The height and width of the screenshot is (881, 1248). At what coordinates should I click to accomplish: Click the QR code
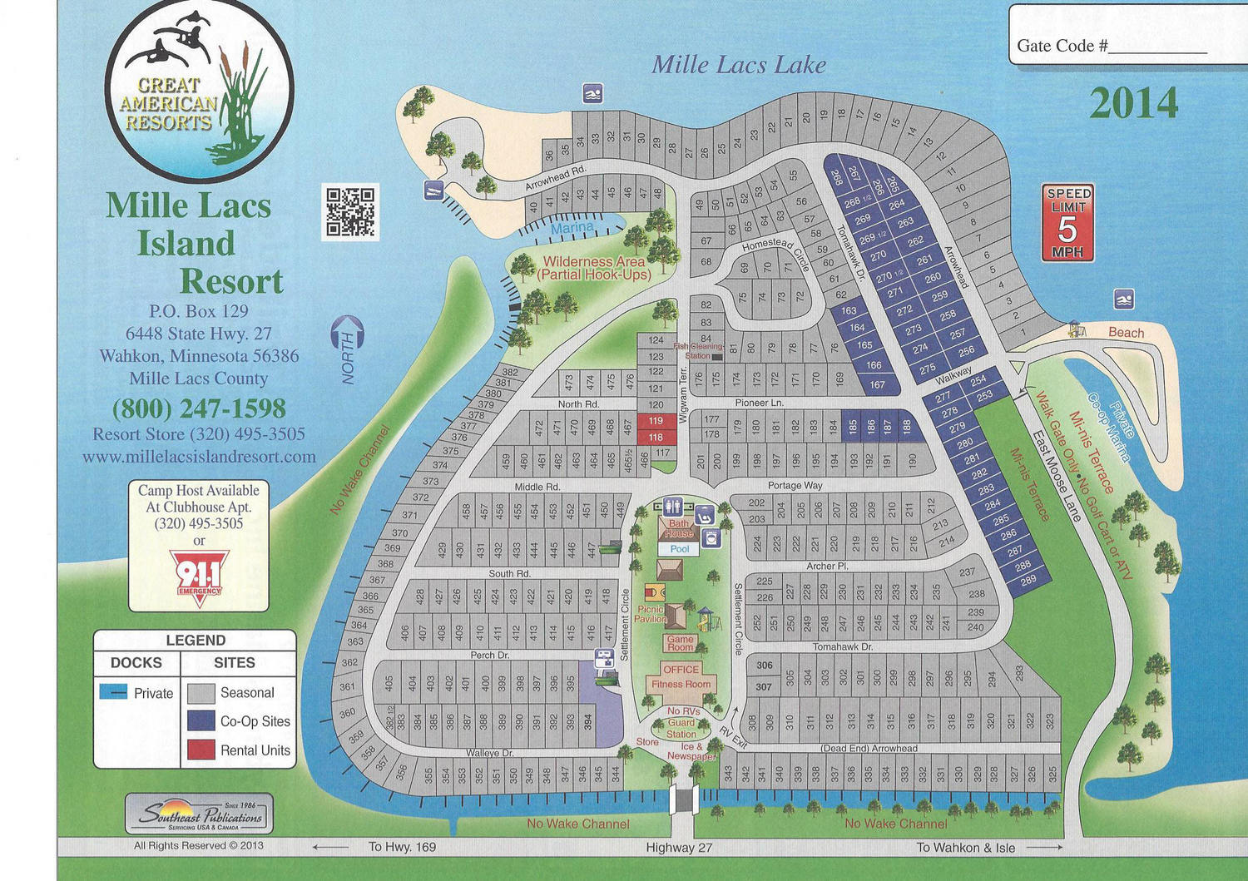tap(350, 211)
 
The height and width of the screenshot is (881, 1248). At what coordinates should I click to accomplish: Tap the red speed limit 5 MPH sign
tap(1067, 222)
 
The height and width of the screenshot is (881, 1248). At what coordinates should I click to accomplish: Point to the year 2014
tap(1134, 104)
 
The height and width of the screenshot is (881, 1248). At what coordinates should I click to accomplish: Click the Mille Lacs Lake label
tap(739, 65)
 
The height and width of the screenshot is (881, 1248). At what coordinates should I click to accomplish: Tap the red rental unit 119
tap(656, 421)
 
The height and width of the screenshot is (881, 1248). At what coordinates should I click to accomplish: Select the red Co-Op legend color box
tap(201, 721)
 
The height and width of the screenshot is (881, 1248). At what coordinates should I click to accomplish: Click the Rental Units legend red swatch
tap(201, 750)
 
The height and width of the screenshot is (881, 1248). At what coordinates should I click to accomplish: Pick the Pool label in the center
tap(680, 549)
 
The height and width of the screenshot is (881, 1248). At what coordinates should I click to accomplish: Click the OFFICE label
tap(681, 669)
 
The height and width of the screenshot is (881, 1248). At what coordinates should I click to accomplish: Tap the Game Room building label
tap(680, 643)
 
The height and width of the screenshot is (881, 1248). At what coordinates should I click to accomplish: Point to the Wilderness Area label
tap(594, 268)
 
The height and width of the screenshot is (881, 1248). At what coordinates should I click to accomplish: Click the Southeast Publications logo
tap(200, 814)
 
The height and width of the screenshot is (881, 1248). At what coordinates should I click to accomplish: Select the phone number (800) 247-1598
tap(199, 408)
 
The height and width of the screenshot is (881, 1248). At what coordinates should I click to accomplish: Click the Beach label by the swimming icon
tap(1126, 333)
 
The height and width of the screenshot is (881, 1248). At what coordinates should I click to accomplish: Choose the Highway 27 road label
tap(679, 848)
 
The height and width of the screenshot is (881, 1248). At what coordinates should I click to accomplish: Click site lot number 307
tap(764, 687)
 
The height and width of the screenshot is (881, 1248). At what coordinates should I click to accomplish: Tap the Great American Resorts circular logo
tap(200, 91)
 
